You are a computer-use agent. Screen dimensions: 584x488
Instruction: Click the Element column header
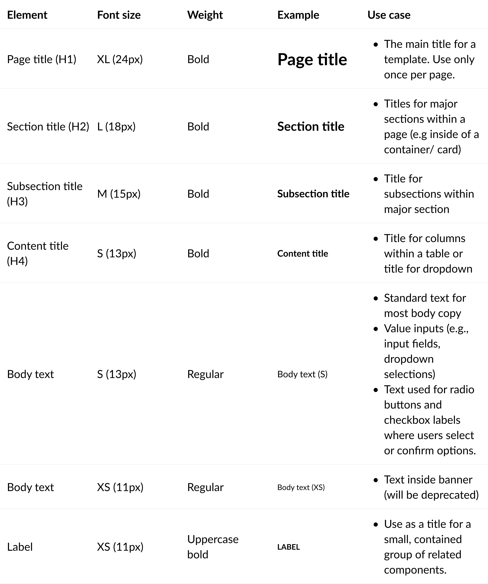(27, 15)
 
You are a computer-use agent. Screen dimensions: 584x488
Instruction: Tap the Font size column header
(119, 15)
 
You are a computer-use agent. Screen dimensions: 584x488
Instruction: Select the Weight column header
(205, 15)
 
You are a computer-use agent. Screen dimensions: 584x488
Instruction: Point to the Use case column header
(389, 15)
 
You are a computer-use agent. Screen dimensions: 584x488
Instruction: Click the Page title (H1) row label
(42, 59)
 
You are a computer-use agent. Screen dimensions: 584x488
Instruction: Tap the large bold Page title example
(312, 59)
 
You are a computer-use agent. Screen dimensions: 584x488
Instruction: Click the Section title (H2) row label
(48, 127)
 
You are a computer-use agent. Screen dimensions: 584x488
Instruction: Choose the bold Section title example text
(311, 127)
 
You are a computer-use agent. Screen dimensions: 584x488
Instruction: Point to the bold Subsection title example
(313, 194)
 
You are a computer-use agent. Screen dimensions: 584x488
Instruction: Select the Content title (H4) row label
(37, 253)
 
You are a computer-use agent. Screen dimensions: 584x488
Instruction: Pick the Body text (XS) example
(301, 487)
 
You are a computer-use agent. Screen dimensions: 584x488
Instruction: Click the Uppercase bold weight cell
(213, 547)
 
